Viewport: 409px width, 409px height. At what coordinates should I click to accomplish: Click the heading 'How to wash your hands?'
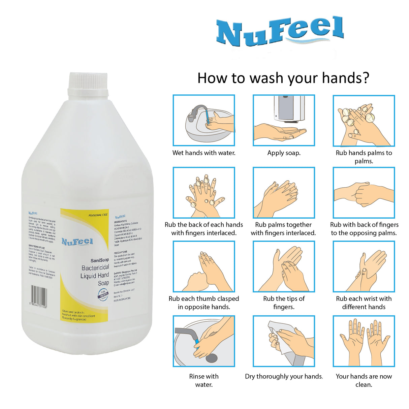coord(283,78)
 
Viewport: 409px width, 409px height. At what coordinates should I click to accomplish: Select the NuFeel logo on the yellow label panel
coord(77,242)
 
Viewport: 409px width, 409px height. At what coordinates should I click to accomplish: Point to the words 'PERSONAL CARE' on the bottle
coord(98,215)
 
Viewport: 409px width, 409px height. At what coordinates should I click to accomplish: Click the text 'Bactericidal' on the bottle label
coord(95,268)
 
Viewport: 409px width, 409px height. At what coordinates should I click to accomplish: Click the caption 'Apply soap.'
coord(284,153)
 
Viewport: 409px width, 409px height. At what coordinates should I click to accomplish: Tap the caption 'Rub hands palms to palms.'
coord(364,157)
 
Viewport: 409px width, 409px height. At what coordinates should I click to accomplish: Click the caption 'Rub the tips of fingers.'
coord(284,303)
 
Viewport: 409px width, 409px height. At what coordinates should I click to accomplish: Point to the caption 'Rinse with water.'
coord(204,380)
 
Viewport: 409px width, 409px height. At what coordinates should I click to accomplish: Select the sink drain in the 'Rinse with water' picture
coord(211,358)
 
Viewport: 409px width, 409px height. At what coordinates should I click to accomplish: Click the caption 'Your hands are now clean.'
coord(364,380)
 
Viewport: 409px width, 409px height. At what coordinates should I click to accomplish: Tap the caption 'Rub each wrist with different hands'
coord(364,303)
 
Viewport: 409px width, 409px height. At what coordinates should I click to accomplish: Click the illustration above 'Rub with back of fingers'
coord(364,193)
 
